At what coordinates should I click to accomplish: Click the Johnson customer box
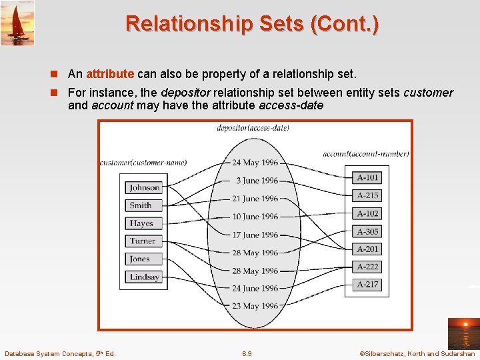(x=144, y=188)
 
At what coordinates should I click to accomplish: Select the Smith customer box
(x=144, y=205)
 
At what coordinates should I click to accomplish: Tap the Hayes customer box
(x=144, y=223)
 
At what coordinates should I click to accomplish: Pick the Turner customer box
(x=144, y=241)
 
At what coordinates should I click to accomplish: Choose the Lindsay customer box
(x=144, y=277)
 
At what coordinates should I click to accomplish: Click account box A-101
(x=367, y=178)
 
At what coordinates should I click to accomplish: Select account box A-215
(x=367, y=195)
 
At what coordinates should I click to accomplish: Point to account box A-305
(x=367, y=231)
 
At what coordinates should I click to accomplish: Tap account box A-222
(x=367, y=267)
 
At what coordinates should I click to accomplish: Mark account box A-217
(x=367, y=285)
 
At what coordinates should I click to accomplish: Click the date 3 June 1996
(x=257, y=181)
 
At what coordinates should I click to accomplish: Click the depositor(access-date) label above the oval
(x=253, y=128)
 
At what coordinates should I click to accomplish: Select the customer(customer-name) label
(x=143, y=162)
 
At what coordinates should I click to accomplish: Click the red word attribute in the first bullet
(x=110, y=74)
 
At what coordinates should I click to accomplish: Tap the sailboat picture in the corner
(x=17, y=23)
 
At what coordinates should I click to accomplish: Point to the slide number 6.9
(x=247, y=353)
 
